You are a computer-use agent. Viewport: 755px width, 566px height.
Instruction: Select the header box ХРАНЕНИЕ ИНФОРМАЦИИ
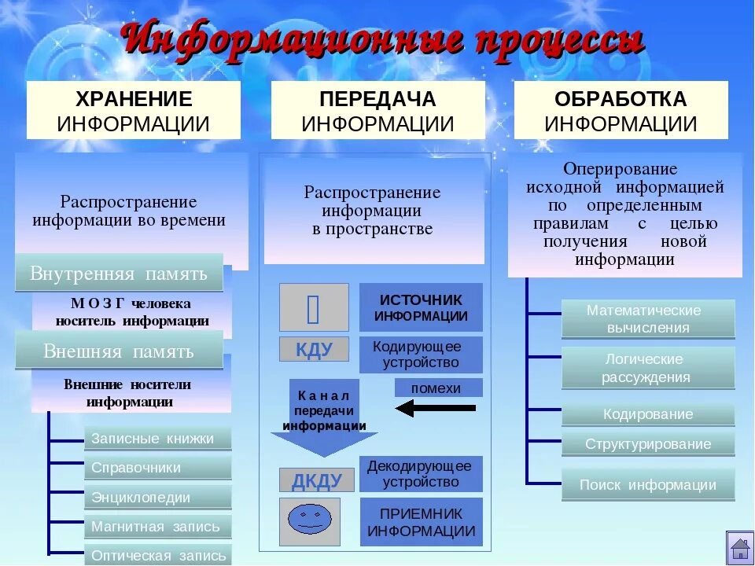134,111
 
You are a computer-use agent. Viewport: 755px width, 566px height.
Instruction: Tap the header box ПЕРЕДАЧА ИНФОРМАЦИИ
377,111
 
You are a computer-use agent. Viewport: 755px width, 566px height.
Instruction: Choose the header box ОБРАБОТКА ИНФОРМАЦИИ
621,111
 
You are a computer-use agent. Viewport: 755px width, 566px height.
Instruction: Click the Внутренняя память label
119,273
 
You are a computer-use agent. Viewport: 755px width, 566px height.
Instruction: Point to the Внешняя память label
119,351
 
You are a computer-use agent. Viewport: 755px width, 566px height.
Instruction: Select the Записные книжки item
157,439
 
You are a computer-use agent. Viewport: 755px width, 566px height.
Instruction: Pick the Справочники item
157,468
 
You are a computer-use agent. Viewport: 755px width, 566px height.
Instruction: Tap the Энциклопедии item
157,498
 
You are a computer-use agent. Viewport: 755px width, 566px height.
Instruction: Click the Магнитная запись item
157,527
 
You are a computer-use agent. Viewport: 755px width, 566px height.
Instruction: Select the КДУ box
314,349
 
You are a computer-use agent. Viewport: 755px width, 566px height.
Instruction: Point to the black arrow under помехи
436,408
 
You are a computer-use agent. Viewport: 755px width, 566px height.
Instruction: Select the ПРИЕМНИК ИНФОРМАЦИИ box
421,522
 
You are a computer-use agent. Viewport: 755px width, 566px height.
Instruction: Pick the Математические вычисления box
648,319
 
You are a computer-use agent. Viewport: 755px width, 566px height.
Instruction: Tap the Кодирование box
648,414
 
